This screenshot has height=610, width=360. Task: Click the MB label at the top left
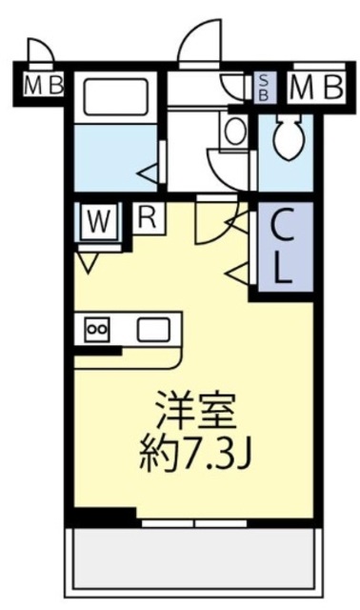click(x=43, y=87)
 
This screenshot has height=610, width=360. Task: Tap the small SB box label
click(x=264, y=88)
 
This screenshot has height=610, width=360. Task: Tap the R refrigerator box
click(x=147, y=216)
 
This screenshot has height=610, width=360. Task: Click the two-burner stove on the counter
click(x=98, y=330)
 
